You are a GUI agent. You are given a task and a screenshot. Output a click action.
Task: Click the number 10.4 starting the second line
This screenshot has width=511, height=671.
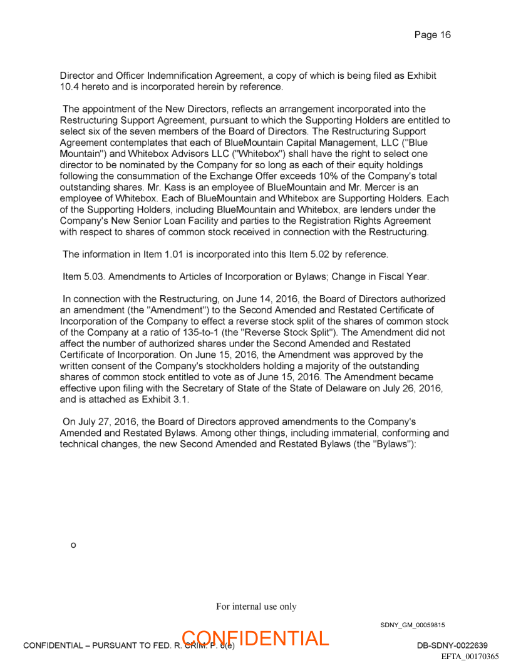70,87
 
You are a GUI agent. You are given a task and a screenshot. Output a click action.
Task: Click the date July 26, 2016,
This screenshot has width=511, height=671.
411,388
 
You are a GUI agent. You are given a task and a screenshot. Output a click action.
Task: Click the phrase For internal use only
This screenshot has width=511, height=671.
256,606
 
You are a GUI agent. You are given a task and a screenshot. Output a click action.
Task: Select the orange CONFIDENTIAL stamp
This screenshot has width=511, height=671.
255,638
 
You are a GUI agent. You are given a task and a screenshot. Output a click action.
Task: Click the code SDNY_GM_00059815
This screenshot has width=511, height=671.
412,625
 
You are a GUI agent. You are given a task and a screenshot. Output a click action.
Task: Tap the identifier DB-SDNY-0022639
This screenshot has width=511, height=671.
452,645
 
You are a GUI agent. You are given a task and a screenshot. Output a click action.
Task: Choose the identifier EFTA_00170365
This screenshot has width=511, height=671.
470,656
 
